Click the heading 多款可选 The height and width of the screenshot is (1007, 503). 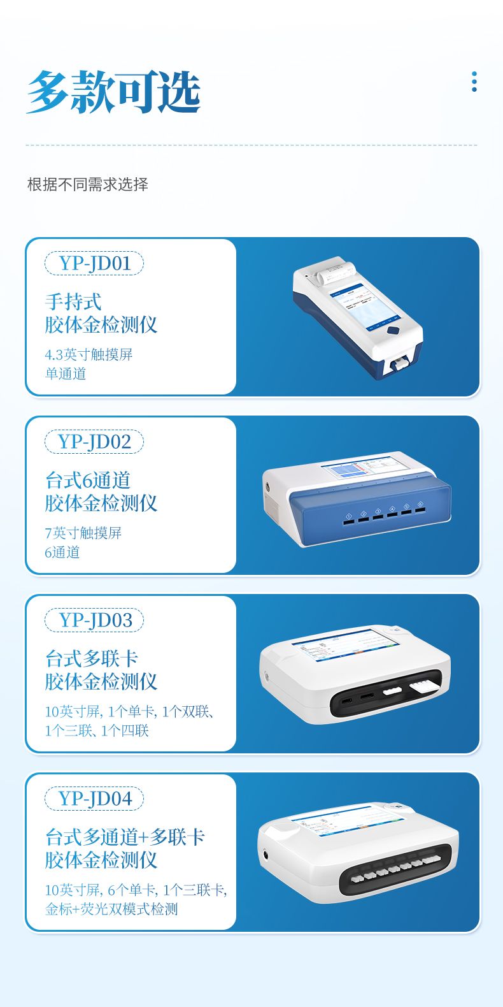click(x=113, y=91)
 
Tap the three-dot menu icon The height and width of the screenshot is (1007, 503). click(x=474, y=82)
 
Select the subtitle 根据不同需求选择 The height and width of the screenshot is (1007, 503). click(x=88, y=184)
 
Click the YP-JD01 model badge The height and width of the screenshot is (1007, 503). click(x=94, y=263)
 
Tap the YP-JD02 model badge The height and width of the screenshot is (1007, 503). click(x=94, y=442)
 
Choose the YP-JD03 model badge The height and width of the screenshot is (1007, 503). click(x=94, y=620)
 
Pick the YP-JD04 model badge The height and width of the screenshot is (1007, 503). click(x=94, y=799)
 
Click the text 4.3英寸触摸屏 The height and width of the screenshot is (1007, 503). click(x=89, y=355)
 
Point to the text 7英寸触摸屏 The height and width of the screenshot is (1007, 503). click(x=83, y=533)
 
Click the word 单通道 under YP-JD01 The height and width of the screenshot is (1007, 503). click(x=66, y=373)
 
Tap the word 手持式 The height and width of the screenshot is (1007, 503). click(x=73, y=301)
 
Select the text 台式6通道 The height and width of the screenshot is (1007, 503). click(x=88, y=480)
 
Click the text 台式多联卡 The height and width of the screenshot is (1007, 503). click(x=91, y=658)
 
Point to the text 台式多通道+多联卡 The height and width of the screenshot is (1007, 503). click(x=125, y=837)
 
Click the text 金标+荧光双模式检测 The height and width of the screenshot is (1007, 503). click(x=111, y=909)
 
